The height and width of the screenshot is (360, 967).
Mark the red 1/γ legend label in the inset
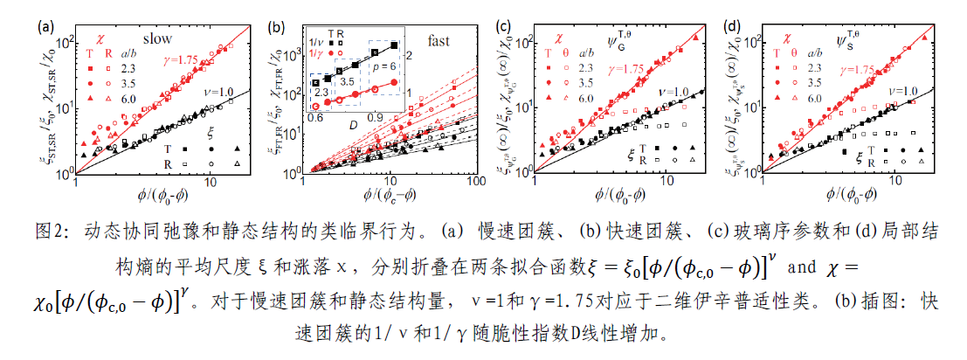click(312, 52)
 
